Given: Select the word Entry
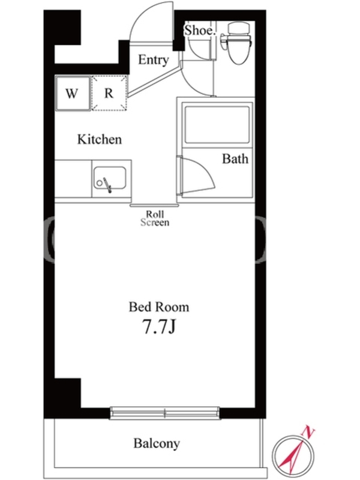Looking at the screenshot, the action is (x=154, y=59).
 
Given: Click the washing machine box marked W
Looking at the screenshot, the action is (x=73, y=93).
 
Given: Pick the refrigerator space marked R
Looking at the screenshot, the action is (x=109, y=93).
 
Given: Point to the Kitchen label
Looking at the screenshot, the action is (x=100, y=139).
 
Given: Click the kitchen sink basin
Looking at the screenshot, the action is (x=110, y=178).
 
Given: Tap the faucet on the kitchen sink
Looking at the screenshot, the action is (x=107, y=185).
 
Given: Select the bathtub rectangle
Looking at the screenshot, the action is (x=217, y=125).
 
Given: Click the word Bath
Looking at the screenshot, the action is (x=235, y=159).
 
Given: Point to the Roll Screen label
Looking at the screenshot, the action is (x=155, y=218).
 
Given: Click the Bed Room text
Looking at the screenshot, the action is (x=159, y=307).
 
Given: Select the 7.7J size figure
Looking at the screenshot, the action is (x=159, y=326).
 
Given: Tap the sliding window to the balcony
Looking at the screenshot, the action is (x=165, y=413).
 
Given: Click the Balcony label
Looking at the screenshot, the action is (x=157, y=443).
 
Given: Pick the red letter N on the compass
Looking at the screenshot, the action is (x=308, y=433).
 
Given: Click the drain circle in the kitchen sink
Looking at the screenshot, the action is (x=100, y=183).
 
